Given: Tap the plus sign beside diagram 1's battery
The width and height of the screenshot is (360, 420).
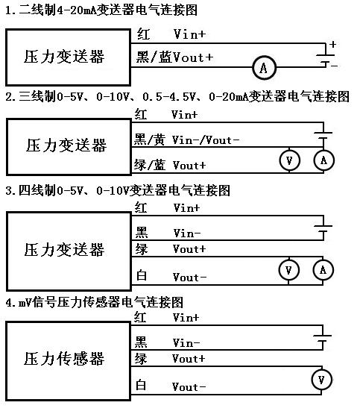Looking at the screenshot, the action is tap(332, 44).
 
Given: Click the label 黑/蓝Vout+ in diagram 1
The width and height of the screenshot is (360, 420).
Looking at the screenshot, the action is tap(174, 57).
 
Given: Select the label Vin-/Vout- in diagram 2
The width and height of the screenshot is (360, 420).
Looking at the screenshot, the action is tap(205, 140).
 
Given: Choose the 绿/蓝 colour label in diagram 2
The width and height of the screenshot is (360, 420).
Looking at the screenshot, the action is tap(150, 165).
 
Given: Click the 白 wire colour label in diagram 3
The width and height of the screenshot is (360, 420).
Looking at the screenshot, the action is tap(142, 275).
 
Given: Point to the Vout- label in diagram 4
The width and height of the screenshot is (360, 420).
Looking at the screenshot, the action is tap(189, 386).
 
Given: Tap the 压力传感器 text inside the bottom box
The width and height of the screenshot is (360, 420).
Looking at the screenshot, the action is tap(63, 359).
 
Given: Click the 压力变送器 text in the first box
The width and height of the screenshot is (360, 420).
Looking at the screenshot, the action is tap(64, 57).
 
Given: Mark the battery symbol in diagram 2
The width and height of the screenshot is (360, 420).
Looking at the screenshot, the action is tap(323, 136).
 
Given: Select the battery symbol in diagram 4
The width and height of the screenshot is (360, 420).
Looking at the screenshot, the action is tap(323, 338).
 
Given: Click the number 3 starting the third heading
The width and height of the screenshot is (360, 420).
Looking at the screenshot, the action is tap(8, 191).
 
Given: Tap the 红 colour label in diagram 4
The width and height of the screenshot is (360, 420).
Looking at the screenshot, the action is tap(140, 317).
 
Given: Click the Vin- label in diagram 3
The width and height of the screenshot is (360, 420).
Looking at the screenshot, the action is tap(187, 233).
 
